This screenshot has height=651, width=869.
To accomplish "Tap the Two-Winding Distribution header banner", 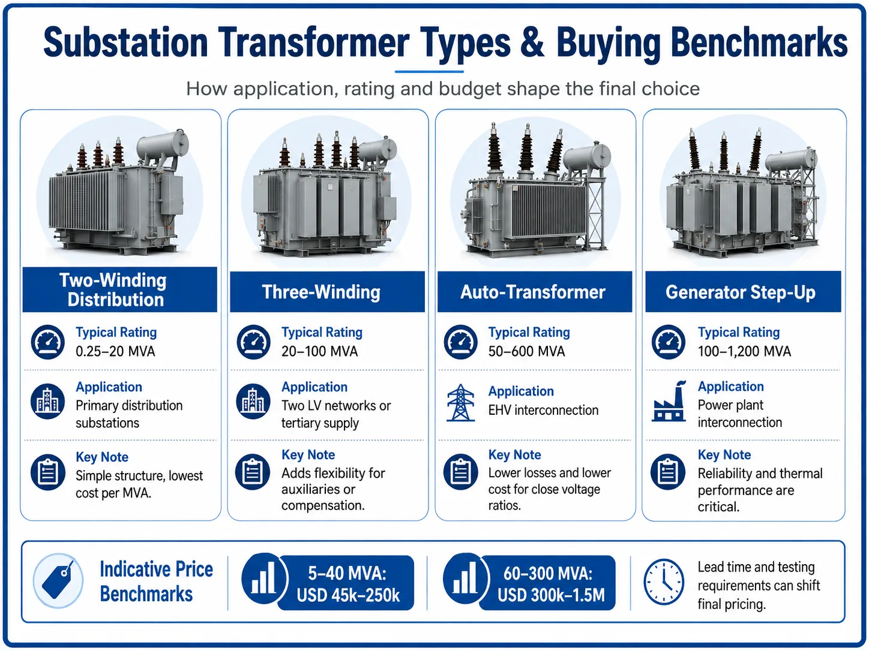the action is (119, 290).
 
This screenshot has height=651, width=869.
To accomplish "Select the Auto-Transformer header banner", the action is (535, 292).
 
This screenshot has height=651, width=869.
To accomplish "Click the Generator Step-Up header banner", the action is (743, 292).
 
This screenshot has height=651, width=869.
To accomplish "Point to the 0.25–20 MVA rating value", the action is (115, 351).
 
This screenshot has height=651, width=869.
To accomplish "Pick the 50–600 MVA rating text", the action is (526, 351).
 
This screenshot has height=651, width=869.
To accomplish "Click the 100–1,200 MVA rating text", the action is (744, 351).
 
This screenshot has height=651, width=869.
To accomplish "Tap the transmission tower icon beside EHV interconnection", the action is (460, 402).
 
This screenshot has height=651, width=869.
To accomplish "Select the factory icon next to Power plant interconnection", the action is (669, 401).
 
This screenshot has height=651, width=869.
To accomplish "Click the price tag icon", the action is (58, 580).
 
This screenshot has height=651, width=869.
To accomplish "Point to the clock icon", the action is (664, 581).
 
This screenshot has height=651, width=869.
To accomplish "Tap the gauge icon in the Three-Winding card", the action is (253, 342).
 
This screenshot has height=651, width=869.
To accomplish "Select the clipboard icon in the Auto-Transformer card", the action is (460, 472).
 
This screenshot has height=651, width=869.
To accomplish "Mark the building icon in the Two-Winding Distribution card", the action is (47, 402).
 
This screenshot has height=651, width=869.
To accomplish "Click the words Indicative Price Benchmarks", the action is (156, 581).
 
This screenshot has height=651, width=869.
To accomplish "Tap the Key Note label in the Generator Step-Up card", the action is (724, 454).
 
